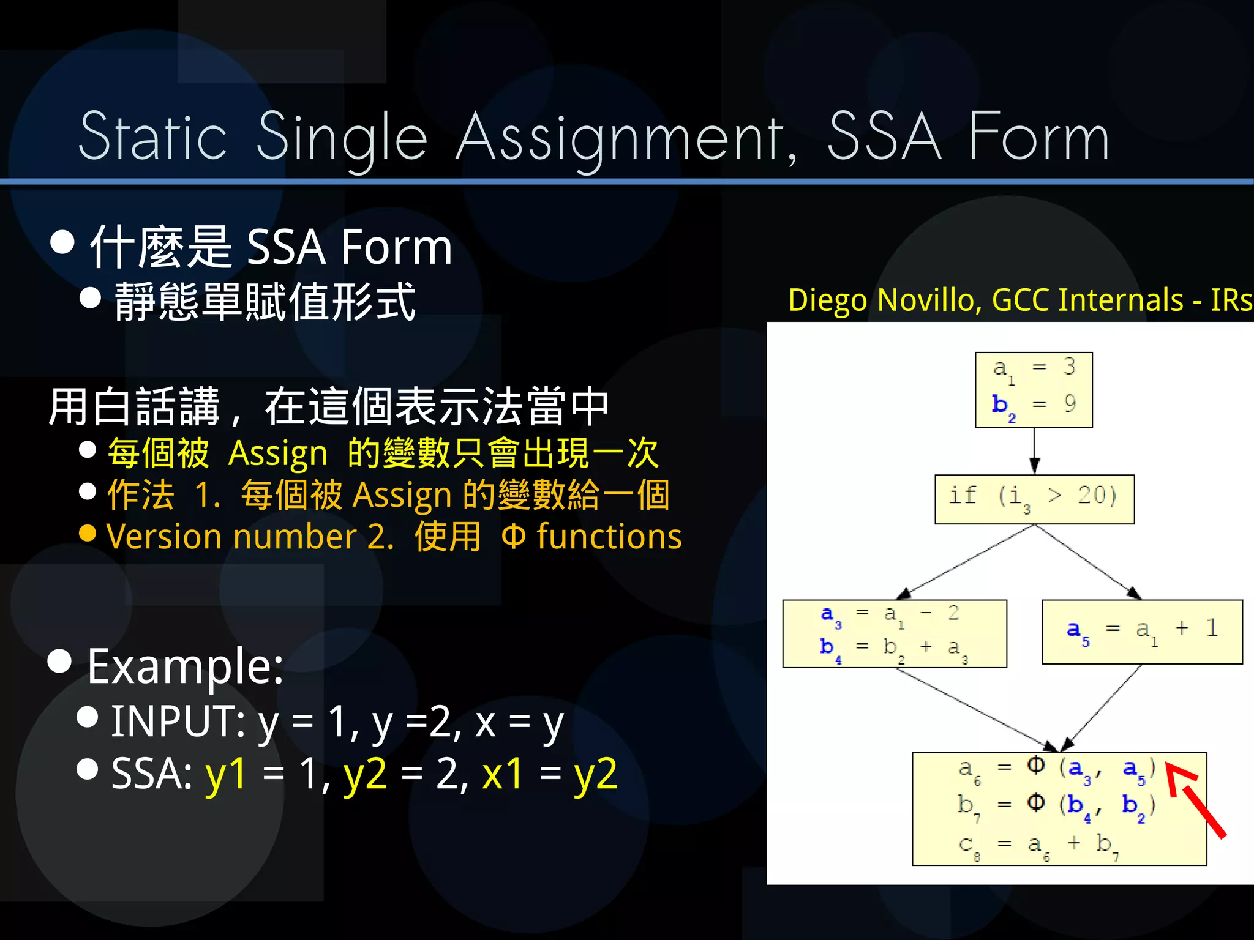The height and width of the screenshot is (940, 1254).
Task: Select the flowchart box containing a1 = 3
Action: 1034,390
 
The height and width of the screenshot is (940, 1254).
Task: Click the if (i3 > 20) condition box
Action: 1034,499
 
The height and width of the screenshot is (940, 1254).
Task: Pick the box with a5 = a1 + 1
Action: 1142,631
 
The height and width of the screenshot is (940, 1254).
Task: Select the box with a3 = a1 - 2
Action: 894,633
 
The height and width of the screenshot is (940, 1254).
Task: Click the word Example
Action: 185,666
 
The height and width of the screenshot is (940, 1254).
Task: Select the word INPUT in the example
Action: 178,721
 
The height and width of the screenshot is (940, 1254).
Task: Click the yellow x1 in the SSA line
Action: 502,774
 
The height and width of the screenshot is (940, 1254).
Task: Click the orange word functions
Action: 609,537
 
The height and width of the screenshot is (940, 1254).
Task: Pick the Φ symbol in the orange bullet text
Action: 513,537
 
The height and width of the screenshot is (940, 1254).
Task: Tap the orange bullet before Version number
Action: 88,533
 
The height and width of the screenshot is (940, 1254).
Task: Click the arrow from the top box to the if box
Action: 1034,451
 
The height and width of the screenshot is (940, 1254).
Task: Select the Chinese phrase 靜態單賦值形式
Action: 265,301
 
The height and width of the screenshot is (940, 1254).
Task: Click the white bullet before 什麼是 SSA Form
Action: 62,242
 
